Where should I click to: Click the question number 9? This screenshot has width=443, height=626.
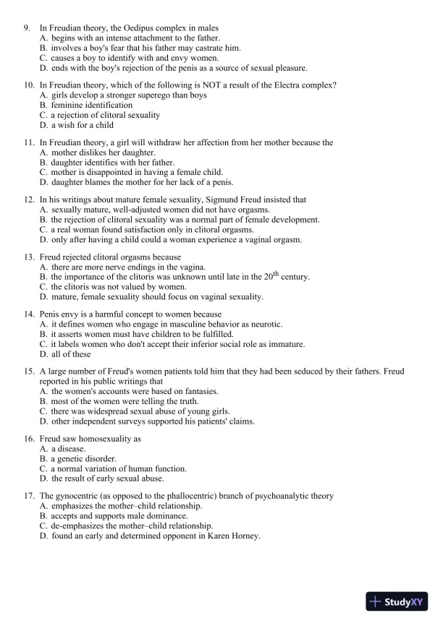pyautogui.click(x=27, y=27)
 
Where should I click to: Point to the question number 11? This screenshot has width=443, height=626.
pyautogui.click(x=28, y=142)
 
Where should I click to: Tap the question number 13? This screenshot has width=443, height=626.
pyautogui.click(x=28, y=257)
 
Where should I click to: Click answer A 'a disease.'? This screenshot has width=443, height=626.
pyautogui.click(x=67, y=448)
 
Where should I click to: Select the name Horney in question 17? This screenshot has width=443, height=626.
pyautogui.click(x=243, y=536)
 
